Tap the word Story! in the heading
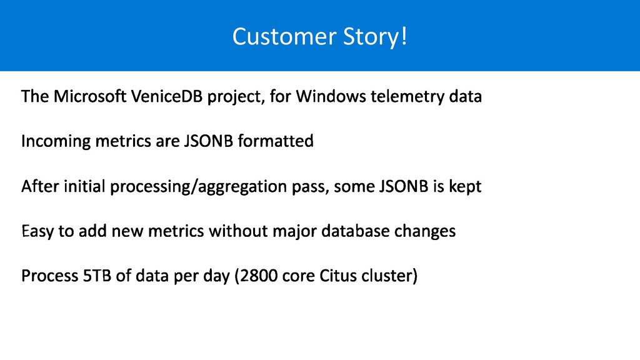(375, 37)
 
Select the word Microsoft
(90, 96)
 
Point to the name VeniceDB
(167, 96)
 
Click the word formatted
(276, 141)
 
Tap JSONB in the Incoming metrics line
(209, 141)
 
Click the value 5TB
(97, 276)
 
